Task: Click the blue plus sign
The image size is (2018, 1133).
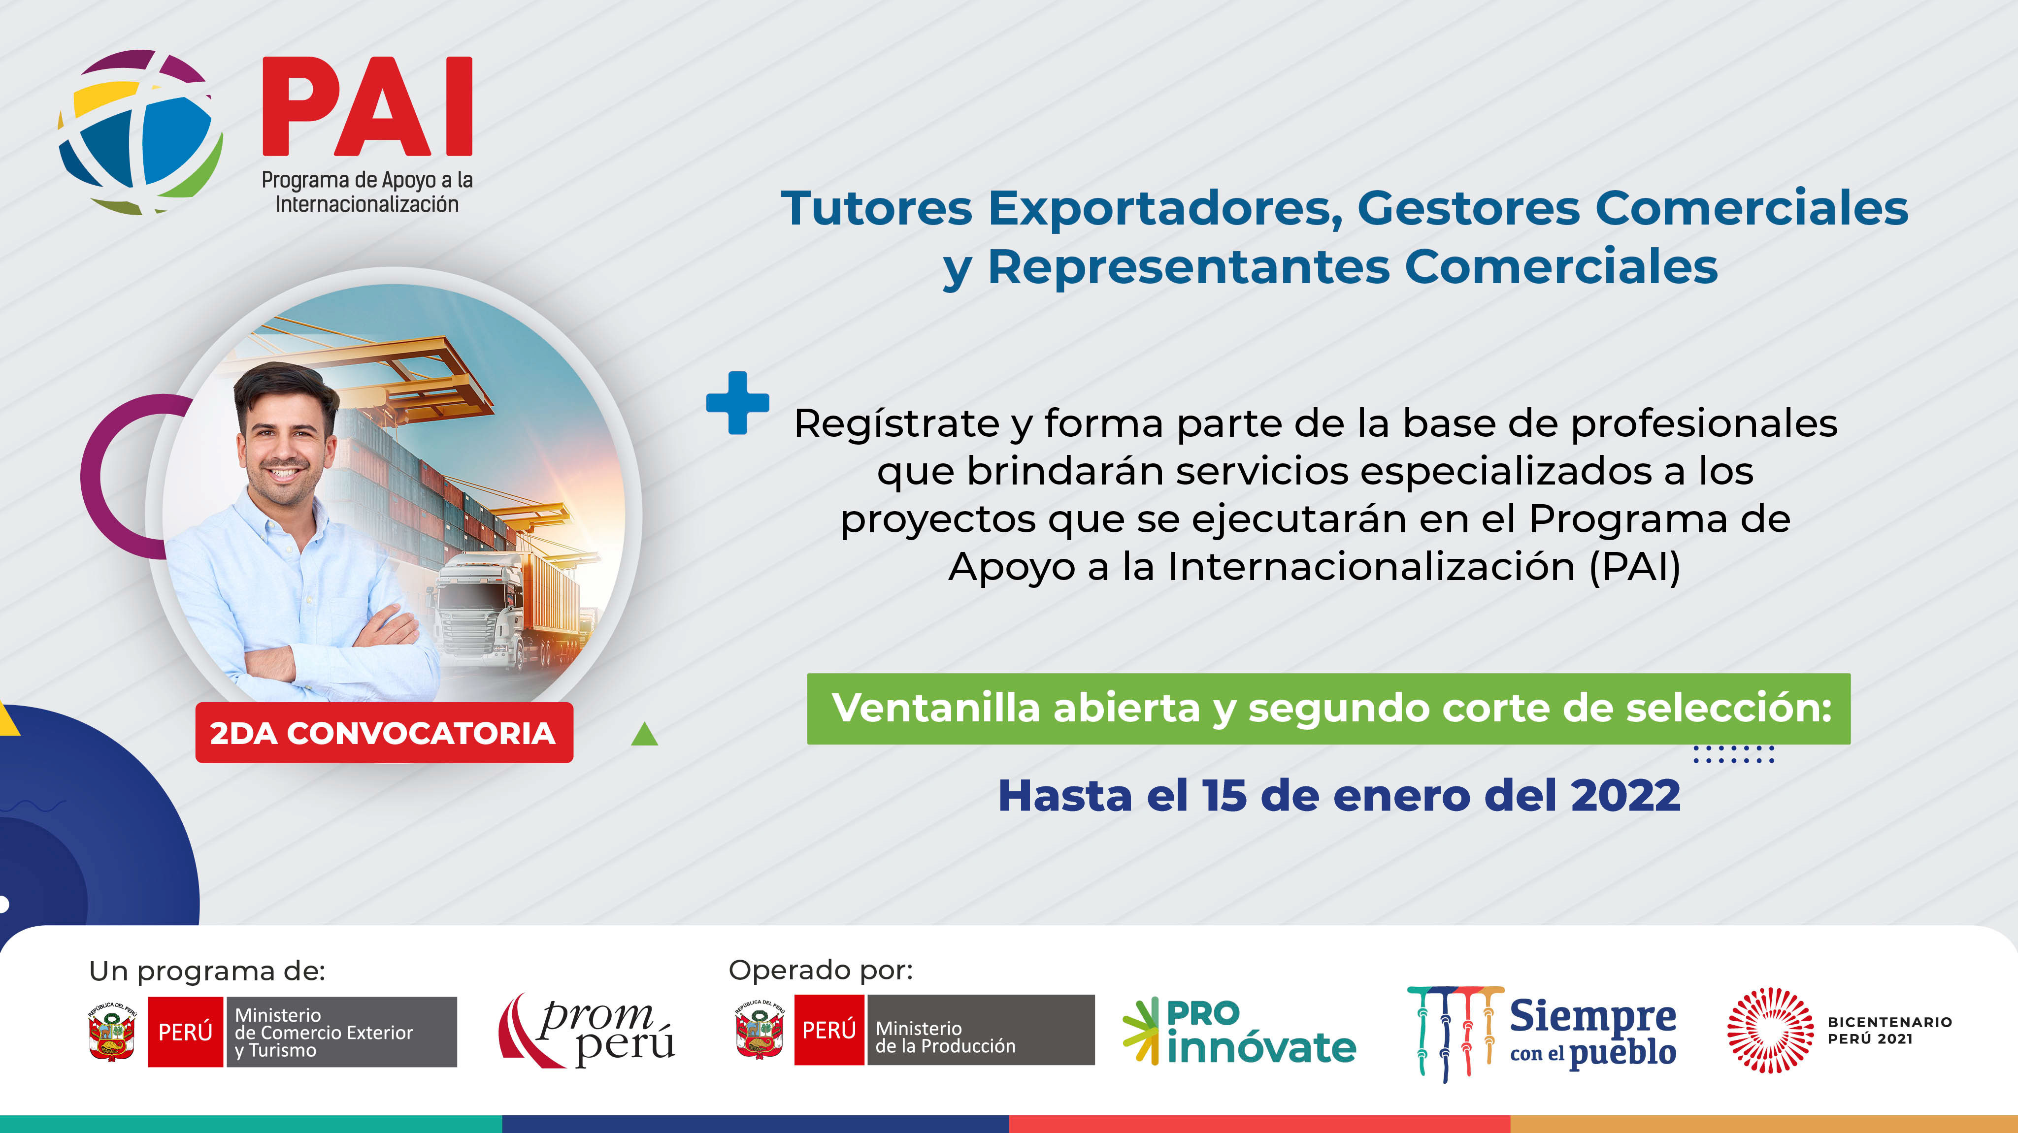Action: (737, 402)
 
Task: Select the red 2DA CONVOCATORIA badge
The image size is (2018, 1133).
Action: (384, 733)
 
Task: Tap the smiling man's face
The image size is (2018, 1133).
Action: (284, 445)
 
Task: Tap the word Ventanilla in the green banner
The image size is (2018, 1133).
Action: (936, 708)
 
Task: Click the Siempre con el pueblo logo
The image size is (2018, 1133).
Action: (1542, 1034)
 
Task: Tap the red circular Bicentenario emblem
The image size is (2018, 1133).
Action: (1770, 1031)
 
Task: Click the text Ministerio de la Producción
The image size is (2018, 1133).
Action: (945, 1036)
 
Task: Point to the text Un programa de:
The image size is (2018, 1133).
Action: (207, 971)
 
